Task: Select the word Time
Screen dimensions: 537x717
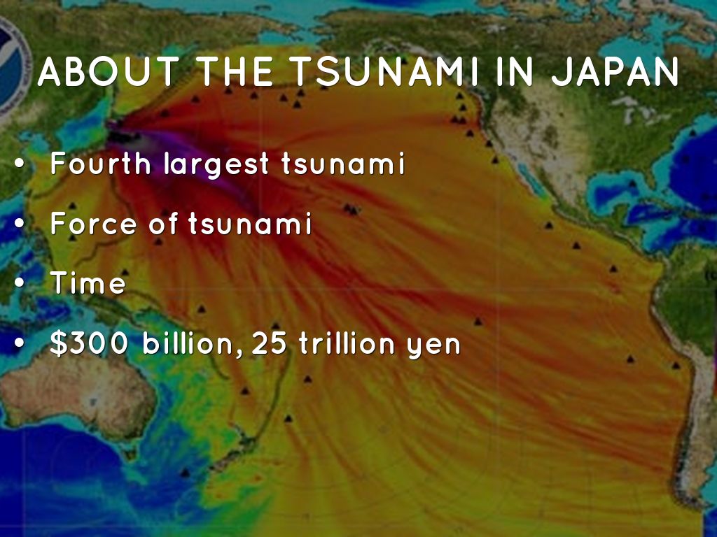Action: coord(88,284)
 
